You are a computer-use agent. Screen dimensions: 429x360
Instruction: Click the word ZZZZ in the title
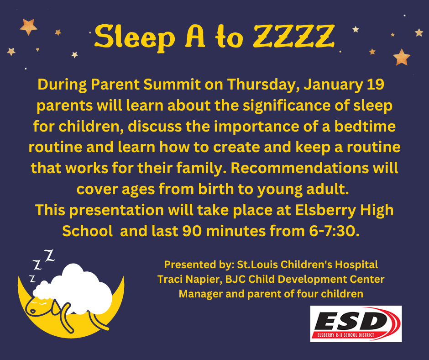click(294, 36)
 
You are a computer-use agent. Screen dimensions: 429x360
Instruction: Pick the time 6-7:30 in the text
click(334, 231)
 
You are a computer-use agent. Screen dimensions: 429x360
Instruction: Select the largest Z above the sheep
click(50, 255)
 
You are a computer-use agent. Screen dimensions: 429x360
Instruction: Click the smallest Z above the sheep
click(32, 279)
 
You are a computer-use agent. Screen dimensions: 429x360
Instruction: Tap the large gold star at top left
click(28, 26)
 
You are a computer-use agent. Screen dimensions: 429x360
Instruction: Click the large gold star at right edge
click(401, 57)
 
